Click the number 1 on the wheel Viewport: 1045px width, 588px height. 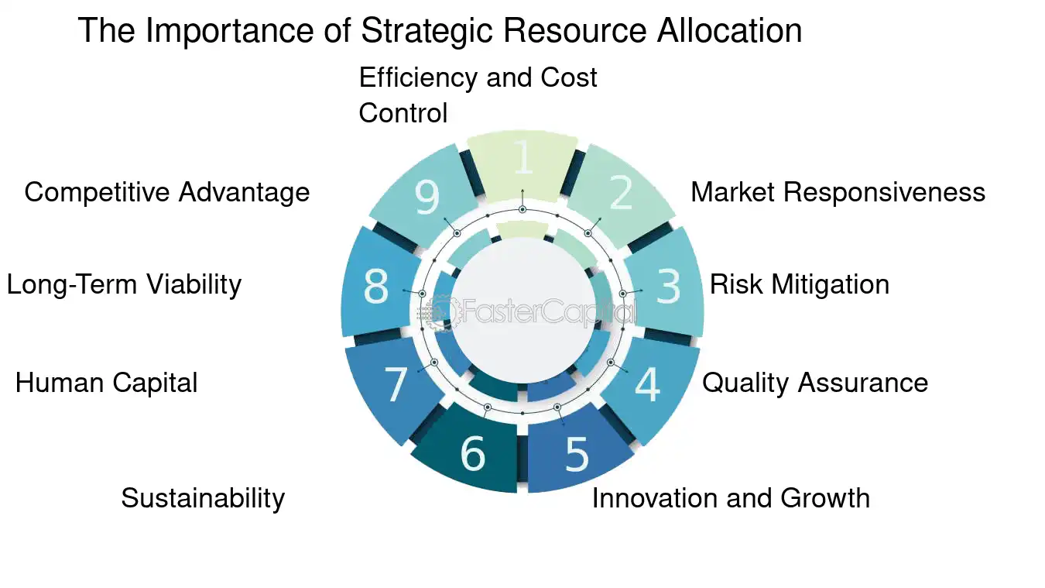coord(523,156)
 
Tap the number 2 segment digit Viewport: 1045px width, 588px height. coord(622,192)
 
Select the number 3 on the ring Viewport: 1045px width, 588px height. coord(668,286)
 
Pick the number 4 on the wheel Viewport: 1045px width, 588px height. coord(648,384)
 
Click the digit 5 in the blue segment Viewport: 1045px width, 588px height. coord(577,455)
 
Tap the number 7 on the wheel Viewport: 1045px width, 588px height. coord(396,384)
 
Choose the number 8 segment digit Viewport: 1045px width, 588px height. coord(375,286)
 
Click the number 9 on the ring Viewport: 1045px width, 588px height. coord(427,197)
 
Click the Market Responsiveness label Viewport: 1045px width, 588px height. coord(838,192)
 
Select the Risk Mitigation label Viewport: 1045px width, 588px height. coord(799,284)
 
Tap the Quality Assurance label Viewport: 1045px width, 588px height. coord(815,383)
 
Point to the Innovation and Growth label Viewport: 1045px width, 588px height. coord(731,497)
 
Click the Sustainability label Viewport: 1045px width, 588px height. coord(203,498)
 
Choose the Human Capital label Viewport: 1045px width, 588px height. coord(106,383)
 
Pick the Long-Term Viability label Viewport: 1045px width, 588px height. coord(124,284)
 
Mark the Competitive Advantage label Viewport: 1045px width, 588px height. coord(167,192)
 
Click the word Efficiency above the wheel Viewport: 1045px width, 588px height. coord(419,77)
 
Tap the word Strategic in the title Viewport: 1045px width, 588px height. coord(427,31)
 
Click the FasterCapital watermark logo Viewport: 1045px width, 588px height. coord(526,311)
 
